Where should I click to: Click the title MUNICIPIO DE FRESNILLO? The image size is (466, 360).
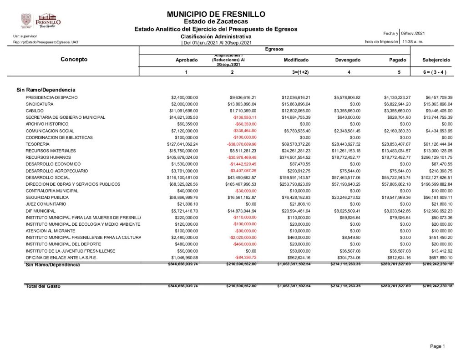(216, 15)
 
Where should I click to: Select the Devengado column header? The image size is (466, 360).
(348, 60)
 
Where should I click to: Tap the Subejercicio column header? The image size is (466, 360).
(436, 60)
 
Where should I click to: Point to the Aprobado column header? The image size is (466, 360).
(187, 60)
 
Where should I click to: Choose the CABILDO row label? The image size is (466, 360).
(35, 111)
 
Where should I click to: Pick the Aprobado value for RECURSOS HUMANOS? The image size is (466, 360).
(184, 157)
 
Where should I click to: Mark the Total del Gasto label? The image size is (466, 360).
(43, 286)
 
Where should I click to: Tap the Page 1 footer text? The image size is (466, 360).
(437, 347)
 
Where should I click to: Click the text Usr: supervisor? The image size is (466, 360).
(25, 36)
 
